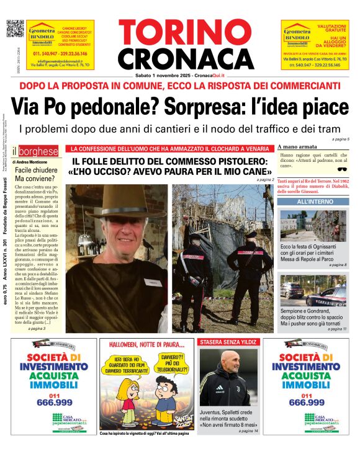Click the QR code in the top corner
14,29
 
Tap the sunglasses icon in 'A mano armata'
341,169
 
